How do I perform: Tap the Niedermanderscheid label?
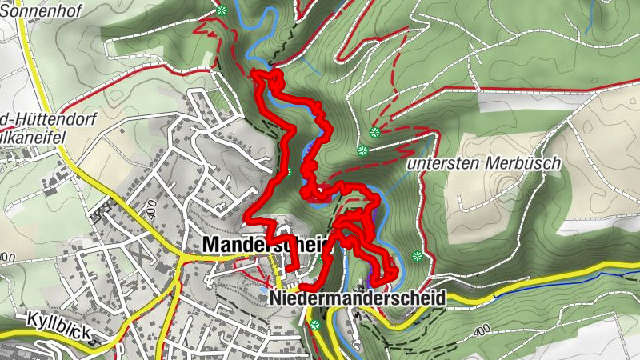coord(357,298)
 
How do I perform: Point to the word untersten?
coord(442,163)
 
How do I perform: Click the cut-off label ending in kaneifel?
coord(32,136)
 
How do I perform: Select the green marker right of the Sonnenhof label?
coord(222,10)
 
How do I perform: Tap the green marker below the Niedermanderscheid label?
coord(315,325)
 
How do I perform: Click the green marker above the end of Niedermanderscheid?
coord(416,256)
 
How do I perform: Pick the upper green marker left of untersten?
coord(374,132)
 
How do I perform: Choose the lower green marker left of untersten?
coord(362,150)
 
